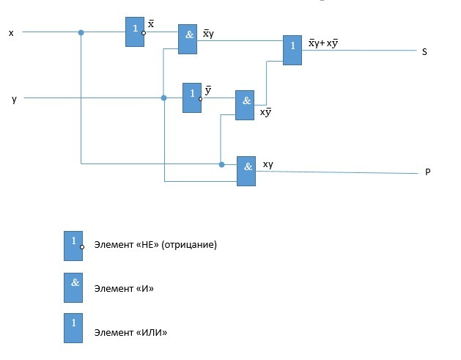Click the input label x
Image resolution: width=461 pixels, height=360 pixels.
pos(10,33)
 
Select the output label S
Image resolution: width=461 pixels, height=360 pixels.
pos(424,52)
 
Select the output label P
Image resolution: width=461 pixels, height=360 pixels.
pos(427,173)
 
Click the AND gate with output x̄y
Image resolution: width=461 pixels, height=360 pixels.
pos(188,40)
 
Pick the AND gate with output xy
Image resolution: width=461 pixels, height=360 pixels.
pos(246,171)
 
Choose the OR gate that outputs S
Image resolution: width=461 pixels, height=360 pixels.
pos(292,51)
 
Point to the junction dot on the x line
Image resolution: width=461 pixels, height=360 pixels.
pos(81,32)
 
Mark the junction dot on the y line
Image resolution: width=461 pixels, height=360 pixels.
pos(163,97)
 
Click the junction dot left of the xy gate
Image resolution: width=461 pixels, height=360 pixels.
pos(221,164)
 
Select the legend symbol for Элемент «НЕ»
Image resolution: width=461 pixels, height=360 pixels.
pos(73,246)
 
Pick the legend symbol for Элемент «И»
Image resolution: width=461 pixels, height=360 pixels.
pos(73,288)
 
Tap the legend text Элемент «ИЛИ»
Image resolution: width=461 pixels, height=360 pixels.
pos(131,333)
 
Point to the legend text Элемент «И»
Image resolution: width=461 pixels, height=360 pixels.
pos(124,289)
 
